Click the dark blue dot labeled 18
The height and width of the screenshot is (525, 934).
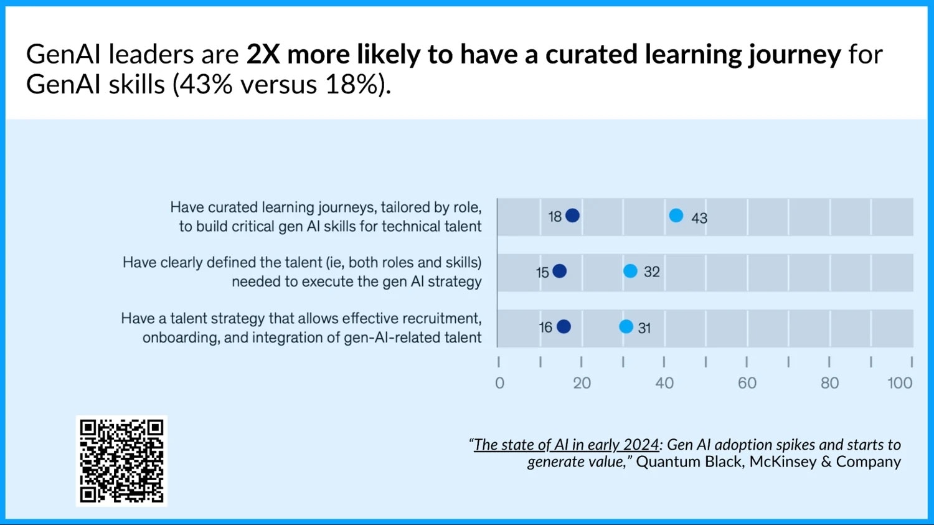(573, 215)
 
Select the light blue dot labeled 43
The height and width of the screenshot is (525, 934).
(676, 215)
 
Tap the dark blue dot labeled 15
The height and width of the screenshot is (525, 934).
(560, 271)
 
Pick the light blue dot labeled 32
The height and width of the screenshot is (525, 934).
(630, 271)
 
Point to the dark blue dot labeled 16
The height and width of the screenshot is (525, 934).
(564, 326)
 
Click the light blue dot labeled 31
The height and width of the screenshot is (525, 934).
(626, 326)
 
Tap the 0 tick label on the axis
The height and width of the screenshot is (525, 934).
(499, 383)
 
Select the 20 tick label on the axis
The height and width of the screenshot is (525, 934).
(582, 383)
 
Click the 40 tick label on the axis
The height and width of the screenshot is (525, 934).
(664, 383)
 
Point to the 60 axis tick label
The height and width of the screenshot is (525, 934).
(747, 383)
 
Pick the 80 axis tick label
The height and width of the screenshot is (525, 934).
(829, 383)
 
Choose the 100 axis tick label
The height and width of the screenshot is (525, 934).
(900, 383)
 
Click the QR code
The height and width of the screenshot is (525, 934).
(122, 461)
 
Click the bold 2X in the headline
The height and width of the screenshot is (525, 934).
(263, 55)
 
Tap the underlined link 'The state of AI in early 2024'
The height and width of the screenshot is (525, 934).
(566, 445)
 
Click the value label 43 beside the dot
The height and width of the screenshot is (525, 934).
(699, 219)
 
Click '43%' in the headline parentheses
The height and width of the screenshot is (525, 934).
(202, 85)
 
